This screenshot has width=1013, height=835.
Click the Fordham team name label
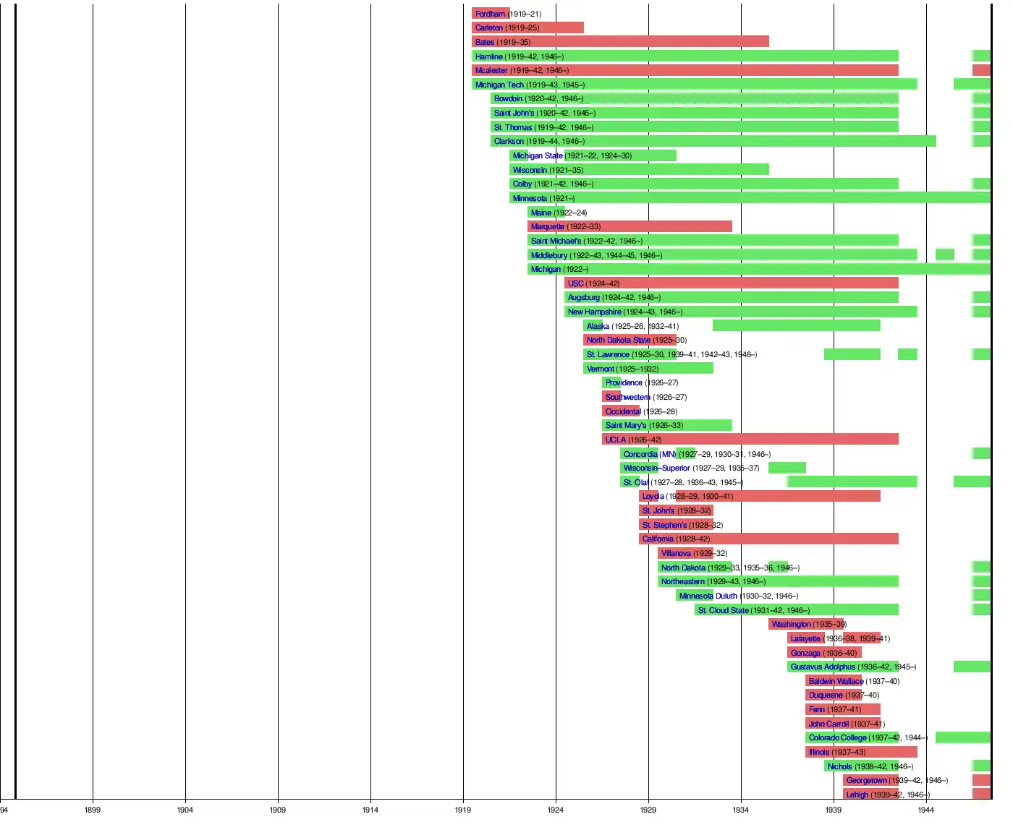(x=490, y=14)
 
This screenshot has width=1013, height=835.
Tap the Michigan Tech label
(x=499, y=85)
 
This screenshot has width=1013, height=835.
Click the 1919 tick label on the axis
(x=463, y=810)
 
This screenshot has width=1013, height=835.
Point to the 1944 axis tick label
(x=926, y=810)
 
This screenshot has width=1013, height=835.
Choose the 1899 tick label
(x=93, y=810)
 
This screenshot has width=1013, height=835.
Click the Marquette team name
(x=547, y=226)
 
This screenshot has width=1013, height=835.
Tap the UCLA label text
(x=616, y=440)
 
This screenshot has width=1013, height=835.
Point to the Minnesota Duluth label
(x=708, y=596)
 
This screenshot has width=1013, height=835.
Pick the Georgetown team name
(x=866, y=780)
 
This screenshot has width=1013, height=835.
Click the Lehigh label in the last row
(x=857, y=795)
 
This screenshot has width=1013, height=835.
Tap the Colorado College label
(x=837, y=737)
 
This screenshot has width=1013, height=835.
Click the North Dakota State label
(x=618, y=340)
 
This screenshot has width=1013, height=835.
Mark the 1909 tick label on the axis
(x=278, y=810)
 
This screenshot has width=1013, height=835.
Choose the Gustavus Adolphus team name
(x=823, y=667)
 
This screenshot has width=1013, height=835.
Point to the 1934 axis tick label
(x=741, y=810)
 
